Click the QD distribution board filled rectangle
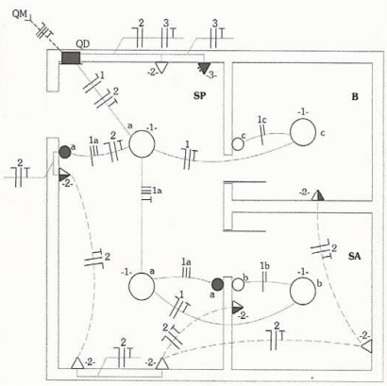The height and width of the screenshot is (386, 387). click(71, 58)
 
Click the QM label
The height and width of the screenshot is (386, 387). click(19, 14)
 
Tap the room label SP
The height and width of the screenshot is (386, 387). click(199, 96)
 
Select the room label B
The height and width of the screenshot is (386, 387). click(355, 96)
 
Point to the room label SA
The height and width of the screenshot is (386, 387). click(355, 256)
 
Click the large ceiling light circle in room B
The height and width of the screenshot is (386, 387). click(303, 132)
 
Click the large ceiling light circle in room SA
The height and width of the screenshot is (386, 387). click(303, 292)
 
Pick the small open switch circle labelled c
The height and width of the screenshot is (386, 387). click(238, 144)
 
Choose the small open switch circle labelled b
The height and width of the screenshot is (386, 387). click(238, 285)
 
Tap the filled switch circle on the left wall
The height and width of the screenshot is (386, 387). click(65, 152)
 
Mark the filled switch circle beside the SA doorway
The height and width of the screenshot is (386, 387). click(217, 284)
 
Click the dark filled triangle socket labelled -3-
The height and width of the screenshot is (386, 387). click(205, 68)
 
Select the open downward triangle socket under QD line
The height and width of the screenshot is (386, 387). click(161, 68)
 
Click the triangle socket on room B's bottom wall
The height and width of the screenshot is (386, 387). click(318, 195)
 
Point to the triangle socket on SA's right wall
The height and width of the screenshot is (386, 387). click(367, 346)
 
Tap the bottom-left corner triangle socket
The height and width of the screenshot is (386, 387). click(77, 363)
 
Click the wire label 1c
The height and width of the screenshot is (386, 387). click(262, 120)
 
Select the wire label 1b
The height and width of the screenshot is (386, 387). click(264, 266)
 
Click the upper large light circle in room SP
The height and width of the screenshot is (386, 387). click(142, 143)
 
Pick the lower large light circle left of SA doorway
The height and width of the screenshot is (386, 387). click(142, 286)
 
